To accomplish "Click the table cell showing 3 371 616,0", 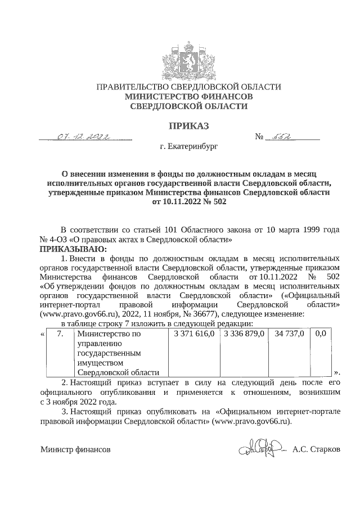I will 194,334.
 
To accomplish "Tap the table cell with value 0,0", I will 321,334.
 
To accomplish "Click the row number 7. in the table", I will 60,334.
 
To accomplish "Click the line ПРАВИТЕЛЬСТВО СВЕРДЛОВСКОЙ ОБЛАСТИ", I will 188,87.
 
